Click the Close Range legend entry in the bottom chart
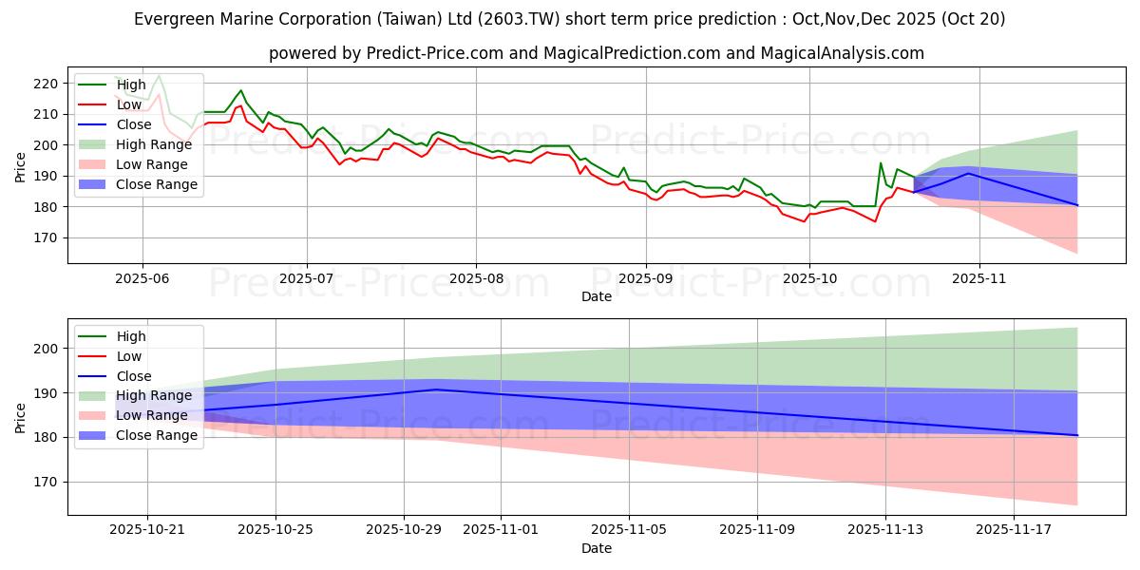[x=157, y=435]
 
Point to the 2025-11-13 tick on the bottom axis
[x=885, y=528]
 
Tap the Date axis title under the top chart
[x=597, y=296]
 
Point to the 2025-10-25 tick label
[x=275, y=528]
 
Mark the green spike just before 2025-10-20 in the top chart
[x=881, y=163]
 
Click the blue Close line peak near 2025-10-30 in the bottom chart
[x=436, y=389]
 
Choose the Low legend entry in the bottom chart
[x=128, y=356]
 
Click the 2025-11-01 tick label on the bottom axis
[x=500, y=528]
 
